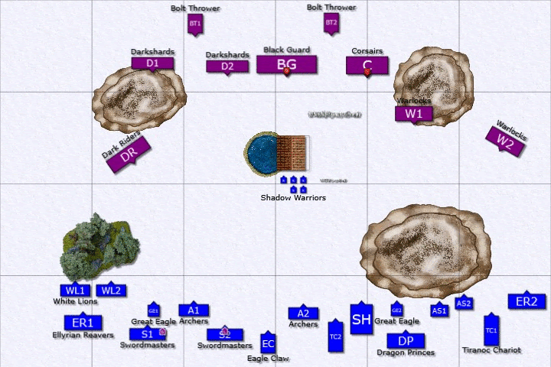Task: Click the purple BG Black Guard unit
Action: point(286,64)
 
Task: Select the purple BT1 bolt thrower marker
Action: point(194,24)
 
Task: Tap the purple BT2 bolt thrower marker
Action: point(331,23)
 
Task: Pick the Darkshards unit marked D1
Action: point(152,63)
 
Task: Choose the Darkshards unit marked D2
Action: point(227,67)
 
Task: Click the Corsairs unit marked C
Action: point(367,65)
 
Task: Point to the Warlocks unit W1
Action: point(414,114)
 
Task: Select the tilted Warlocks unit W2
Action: point(505,141)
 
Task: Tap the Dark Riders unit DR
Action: point(129,154)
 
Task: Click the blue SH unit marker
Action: point(361,320)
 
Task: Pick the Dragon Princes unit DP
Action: point(406,340)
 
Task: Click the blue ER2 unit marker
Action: point(527,301)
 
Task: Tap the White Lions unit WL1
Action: point(75,291)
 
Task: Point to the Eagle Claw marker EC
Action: point(267,343)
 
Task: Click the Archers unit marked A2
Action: point(303,313)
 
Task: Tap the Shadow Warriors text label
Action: point(293,197)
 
